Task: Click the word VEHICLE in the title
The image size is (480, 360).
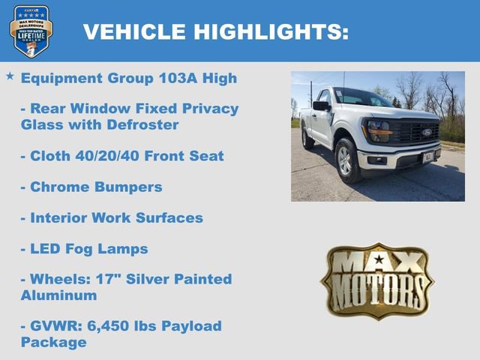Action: click(x=133, y=31)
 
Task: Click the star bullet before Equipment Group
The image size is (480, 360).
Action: click(x=10, y=76)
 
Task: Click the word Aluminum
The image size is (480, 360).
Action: click(x=58, y=295)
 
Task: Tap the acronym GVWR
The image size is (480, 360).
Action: click(x=54, y=326)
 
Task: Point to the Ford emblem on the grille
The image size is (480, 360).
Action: click(x=426, y=132)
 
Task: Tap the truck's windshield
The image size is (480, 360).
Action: click(x=362, y=97)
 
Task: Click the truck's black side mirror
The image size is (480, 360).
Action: click(x=321, y=106)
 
